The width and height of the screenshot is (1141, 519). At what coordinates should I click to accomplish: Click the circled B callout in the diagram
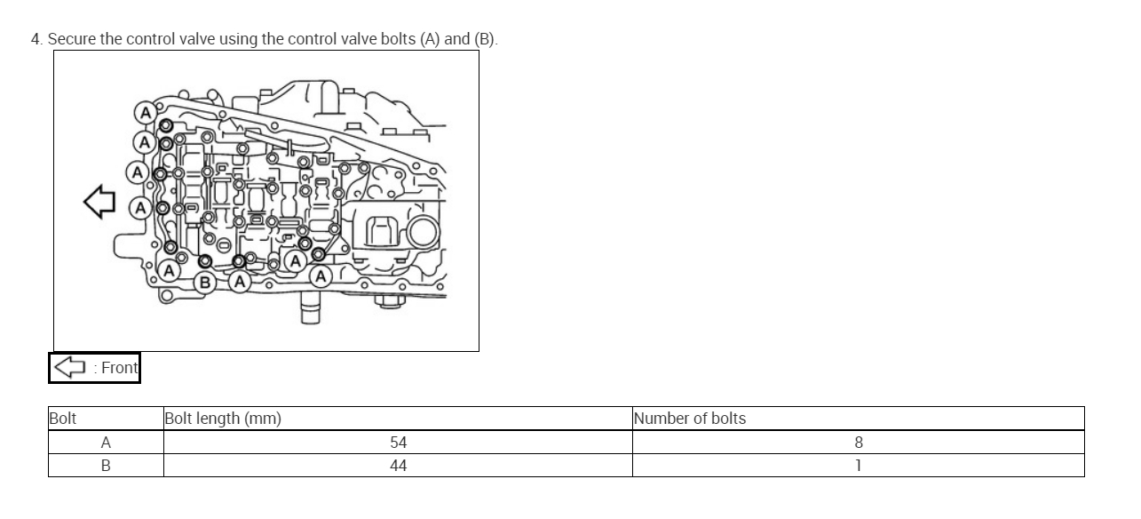tap(205, 282)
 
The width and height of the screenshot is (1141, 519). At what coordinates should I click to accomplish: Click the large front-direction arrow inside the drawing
tap(99, 202)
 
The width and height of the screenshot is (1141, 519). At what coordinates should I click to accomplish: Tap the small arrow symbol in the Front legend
tap(70, 367)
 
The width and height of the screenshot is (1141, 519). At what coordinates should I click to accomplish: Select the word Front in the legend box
tap(119, 368)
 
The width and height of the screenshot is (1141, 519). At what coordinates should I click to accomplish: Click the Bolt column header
tap(63, 419)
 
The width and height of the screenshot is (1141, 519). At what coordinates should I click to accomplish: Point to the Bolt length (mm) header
tap(223, 419)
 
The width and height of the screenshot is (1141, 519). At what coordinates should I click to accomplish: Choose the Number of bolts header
tap(690, 419)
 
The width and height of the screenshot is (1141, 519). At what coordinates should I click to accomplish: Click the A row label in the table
tap(106, 443)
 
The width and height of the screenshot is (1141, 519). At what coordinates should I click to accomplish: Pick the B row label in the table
tap(106, 466)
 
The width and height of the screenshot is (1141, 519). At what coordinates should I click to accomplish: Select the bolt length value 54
tap(399, 443)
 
